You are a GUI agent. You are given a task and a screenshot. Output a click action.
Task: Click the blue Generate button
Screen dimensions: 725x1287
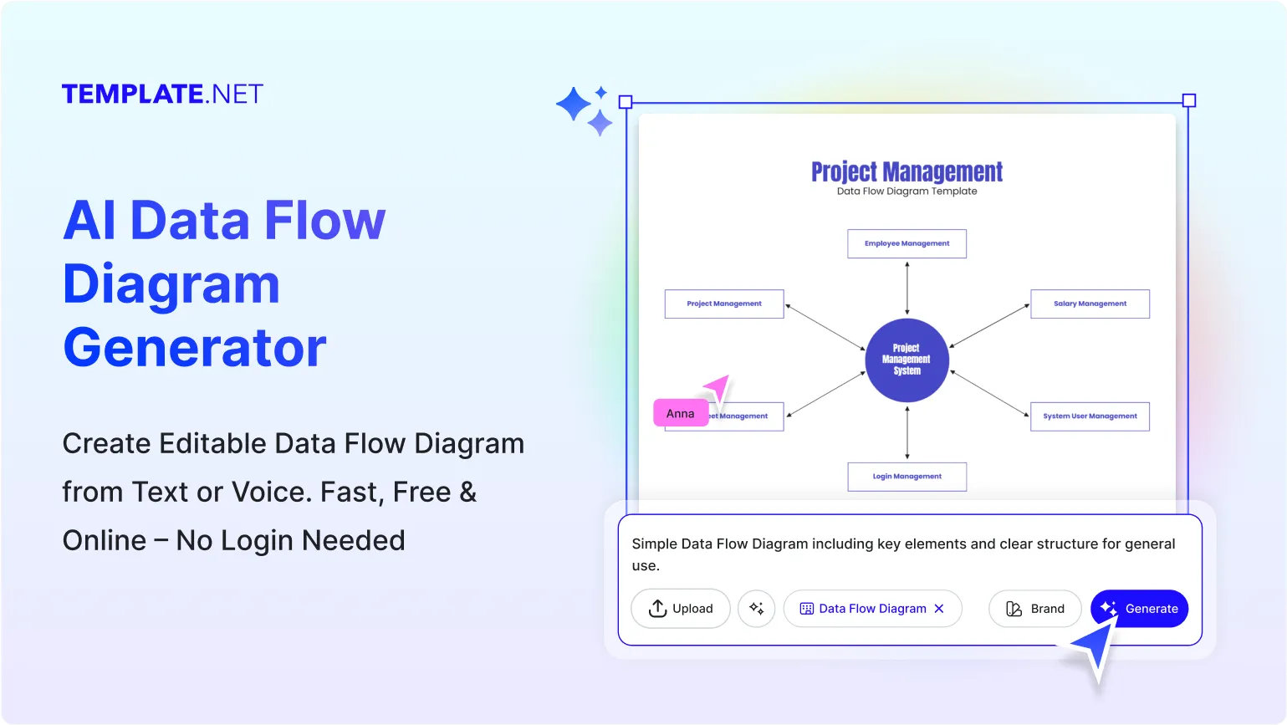(1139, 609)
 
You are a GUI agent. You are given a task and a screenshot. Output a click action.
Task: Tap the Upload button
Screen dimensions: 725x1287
(681, 609)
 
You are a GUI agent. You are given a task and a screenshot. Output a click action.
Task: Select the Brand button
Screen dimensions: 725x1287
(1034, 609)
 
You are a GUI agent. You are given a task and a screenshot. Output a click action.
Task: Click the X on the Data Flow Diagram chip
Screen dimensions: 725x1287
(939, 609)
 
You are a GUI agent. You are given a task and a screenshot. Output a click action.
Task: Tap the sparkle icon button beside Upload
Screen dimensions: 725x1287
(757, 609)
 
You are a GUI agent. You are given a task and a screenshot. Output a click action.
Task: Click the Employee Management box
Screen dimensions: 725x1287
(907, 243)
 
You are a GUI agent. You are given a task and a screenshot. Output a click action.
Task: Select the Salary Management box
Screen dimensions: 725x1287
(1090, 304)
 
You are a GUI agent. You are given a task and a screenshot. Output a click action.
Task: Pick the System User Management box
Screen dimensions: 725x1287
(1090, 416)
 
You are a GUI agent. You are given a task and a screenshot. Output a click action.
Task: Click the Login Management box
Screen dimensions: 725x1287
(907, 477)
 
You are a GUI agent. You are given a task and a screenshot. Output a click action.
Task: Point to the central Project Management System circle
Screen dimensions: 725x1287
(907, 360)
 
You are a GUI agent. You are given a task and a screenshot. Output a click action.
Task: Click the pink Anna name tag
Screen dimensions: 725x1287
(681, 413)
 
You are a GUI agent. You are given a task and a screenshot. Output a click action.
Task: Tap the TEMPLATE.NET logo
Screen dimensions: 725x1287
(162, 94)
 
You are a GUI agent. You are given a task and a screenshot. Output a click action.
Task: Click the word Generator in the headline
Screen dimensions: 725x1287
(195, 348)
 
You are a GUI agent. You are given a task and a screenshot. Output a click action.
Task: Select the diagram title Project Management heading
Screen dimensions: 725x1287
(907, 171)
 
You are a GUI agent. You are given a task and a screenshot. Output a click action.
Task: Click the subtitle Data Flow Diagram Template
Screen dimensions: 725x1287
(907, 191)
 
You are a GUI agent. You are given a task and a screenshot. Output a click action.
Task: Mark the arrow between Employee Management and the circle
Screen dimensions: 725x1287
(907, 288)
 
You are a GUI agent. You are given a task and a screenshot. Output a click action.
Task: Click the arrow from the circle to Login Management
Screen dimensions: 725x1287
(907, 432)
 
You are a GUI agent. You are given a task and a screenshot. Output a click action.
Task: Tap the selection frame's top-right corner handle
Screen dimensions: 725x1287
(1188, 101)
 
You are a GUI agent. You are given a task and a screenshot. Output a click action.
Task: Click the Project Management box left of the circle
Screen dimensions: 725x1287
(724, 304)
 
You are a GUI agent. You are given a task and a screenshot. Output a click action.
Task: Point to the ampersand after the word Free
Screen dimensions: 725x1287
(468, 492)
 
